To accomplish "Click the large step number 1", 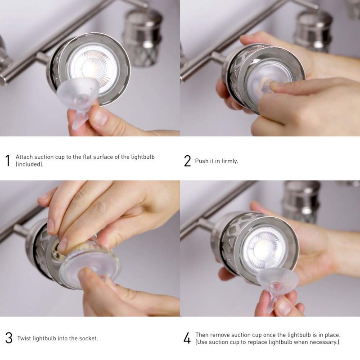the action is coord(8,160).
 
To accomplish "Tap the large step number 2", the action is coord(187,161).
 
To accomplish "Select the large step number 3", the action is coord(9,338).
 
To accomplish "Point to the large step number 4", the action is coord(187,338).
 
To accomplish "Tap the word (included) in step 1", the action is coord(29,164).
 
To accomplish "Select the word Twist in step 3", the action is coord(24,338).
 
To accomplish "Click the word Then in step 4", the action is coord(202,335).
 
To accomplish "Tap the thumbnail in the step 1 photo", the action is coord(100,117).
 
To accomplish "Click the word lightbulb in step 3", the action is coord(44,338).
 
